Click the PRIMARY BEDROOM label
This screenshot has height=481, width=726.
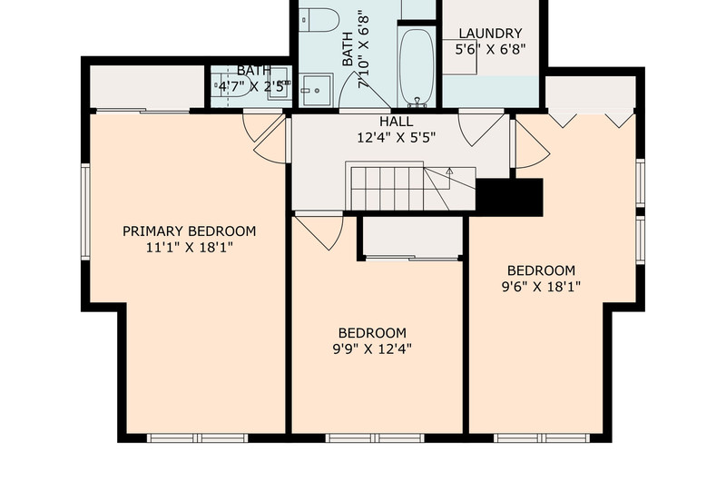coord(189,231)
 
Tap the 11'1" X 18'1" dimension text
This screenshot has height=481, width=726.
coord(189,248)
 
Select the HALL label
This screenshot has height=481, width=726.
coord(397,122)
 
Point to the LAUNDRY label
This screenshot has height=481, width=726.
coord(490,34)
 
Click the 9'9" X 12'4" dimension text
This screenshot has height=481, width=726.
coord(372,349)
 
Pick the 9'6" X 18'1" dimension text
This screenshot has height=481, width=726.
coord(541,287)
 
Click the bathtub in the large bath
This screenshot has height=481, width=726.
coord(417,67)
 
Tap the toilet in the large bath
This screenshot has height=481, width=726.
coord(319,19)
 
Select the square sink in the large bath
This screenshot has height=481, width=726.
coord(316,90)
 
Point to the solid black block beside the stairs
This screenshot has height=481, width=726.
coord(509,197)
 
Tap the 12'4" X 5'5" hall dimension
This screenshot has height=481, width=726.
coord(397,138)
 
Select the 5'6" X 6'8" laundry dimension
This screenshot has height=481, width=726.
coord(490,49)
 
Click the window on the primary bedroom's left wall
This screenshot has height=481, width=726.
coord(85,211)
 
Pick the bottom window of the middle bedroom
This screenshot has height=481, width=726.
coord(375,438)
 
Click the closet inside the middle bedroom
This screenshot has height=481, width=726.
coord(413,236)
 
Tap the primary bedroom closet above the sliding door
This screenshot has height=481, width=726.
coord(147,86)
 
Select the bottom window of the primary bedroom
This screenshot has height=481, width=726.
coord(198,438)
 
